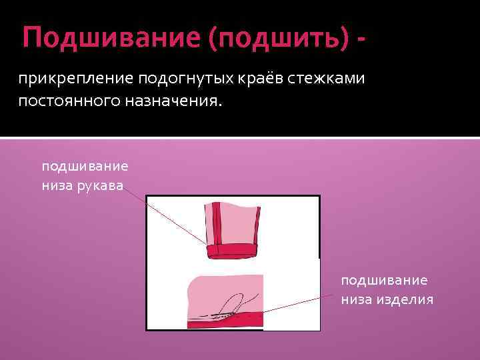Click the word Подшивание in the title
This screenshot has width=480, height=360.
pos(111,37)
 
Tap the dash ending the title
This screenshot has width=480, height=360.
pos(361,39)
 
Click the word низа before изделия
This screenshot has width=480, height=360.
pos(354,299)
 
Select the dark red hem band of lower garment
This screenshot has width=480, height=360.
pos(227,323)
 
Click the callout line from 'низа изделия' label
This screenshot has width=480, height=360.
pos(300,305)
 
